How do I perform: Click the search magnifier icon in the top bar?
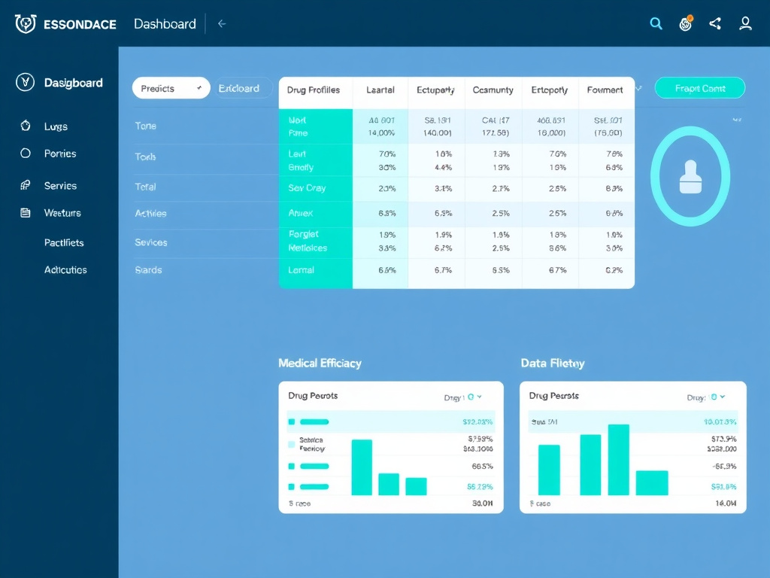[x=656, y=24]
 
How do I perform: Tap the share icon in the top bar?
[x=715, y=24]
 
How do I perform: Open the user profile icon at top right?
[x=745, y=24]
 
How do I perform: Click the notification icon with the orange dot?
[x=685, y=24]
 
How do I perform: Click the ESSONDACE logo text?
[x=80, y=24]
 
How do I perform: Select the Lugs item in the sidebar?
[x=56, y=126]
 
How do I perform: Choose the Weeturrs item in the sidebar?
[x=62, y=213]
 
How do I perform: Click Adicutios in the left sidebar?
[x=65, y=269]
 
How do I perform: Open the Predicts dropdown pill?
[x=171, y=88]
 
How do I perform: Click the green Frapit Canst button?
[x=699, y=88]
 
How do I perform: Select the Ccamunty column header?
[x=493, y=90]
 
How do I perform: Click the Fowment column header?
[x=605, y=90]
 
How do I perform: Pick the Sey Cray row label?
[x=307, y=188]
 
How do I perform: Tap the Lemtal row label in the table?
[x=302, y=270]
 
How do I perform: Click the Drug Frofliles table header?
[x=314, y=90]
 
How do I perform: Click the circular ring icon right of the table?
[x=690, y=177]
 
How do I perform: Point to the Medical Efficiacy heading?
[x=320, y=363]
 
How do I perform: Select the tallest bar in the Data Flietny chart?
[x=618, y=460]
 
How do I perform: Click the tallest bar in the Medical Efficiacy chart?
[x=362, y=467]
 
